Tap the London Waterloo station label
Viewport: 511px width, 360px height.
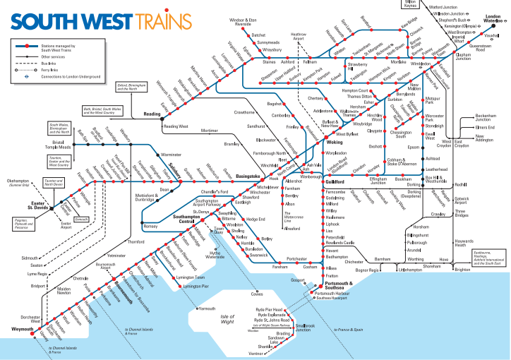point(491,20)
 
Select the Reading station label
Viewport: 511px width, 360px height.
point(152,114)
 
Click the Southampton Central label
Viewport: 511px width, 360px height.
point(176,219)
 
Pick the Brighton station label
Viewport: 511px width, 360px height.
point(462,270)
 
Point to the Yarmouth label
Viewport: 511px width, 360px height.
point(207,308)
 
